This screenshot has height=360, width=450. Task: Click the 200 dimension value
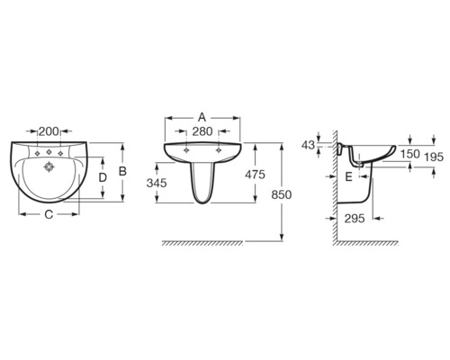(49, 131)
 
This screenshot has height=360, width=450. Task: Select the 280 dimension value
(202, 131)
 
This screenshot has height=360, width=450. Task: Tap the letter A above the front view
(202, 118)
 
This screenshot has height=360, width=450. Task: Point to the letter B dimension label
(122, 171)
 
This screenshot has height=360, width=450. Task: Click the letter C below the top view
(49, 214)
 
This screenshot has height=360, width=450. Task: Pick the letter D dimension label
(103, 177)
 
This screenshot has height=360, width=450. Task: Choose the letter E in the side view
(348, 177)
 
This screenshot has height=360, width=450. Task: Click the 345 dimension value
(157, 183)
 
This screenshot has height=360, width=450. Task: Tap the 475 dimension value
(255, 175)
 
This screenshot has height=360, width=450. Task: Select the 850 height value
(282, 194)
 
